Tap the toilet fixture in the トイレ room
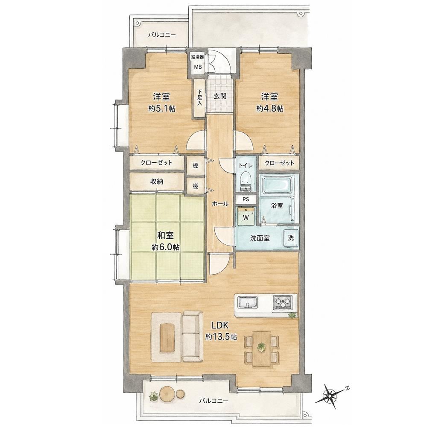(246, 181)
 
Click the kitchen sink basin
(248, 302)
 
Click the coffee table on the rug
(167, 337)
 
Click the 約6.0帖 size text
(166, 247)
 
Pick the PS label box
(246, 199)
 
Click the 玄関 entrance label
(220, 96)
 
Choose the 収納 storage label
(157, 182)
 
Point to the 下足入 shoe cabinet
(200, 98)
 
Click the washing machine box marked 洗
(291, 237)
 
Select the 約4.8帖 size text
(269, 109)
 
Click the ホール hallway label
(220, 203)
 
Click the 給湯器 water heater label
(198, 57)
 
